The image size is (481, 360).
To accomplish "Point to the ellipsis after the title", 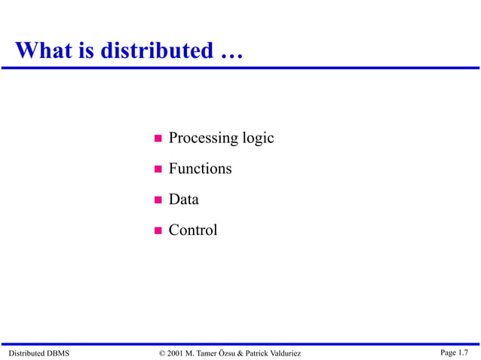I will (228, 53).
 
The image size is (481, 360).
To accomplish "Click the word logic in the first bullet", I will (258, 139).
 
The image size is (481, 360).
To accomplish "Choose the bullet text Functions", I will (200, 169).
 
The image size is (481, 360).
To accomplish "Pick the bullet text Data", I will (184, 200).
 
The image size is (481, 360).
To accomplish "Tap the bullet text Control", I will (193, 230).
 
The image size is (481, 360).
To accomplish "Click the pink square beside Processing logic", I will (158, 139).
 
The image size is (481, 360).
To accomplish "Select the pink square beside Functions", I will (158, 169).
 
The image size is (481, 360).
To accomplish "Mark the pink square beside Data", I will (158, 200).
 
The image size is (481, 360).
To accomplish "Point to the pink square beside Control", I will (158, 230).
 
